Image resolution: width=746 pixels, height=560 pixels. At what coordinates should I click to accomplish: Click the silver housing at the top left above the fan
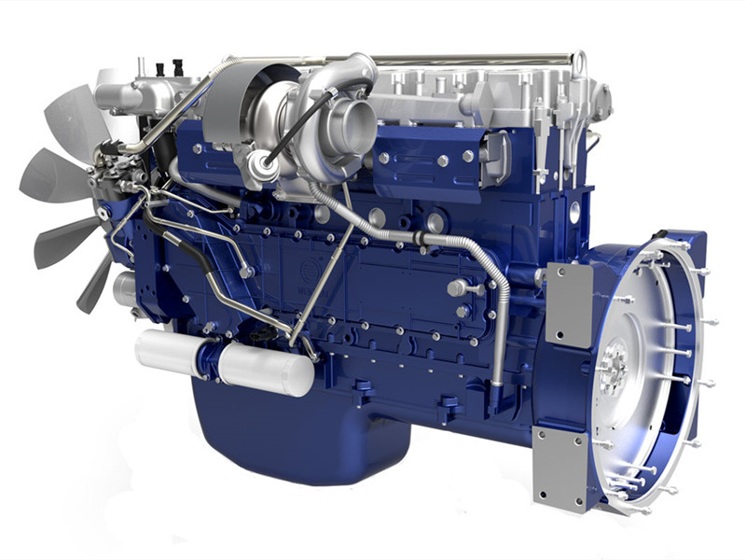click(x=121, y=93)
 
